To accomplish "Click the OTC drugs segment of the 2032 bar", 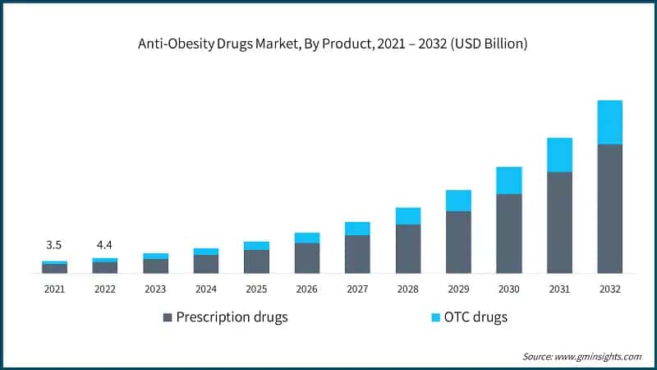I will click(x=609, y=122).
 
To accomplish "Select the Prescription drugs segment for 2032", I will click(x=609, y=209).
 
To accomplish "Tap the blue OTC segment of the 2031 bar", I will click(x=559, y=155).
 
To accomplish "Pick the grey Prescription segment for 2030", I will click(x=509, y=234).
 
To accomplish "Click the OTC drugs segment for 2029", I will click(x=458, y=201).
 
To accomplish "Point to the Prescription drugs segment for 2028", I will click(x=408, y=248).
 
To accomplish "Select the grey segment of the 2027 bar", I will click(x=357, y=254).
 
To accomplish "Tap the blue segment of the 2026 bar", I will click(x=307, y=238).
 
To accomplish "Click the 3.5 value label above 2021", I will click(x=54, y=245).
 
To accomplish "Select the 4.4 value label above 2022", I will click(x=104, y=245).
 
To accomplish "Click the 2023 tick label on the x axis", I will click(x=155, y=289).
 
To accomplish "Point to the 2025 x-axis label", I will click(x=256, y=289).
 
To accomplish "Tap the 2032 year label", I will click(x=609, y=289).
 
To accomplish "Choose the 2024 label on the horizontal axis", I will click(x=206, y=289).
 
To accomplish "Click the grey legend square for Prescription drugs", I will click(x=168, y=317).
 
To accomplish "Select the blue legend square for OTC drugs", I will click(x=436, y=317).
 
